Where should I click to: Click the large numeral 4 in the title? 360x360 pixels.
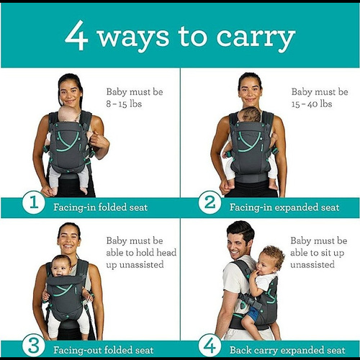76,35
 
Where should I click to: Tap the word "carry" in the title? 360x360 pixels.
256,39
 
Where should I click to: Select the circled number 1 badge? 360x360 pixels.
33,202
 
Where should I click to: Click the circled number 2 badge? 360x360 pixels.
210,202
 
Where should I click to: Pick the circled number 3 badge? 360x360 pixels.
33,346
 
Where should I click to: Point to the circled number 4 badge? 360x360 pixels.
210,346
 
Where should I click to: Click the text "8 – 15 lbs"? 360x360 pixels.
124,104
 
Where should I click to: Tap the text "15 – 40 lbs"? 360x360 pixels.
312,104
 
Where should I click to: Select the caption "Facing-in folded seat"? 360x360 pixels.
100,207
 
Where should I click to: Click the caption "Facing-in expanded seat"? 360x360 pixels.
284,207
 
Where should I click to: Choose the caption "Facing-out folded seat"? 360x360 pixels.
103,350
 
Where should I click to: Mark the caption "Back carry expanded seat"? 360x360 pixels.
287,350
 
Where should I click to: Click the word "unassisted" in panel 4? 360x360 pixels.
312,264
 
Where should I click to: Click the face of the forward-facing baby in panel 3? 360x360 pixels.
60,267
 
